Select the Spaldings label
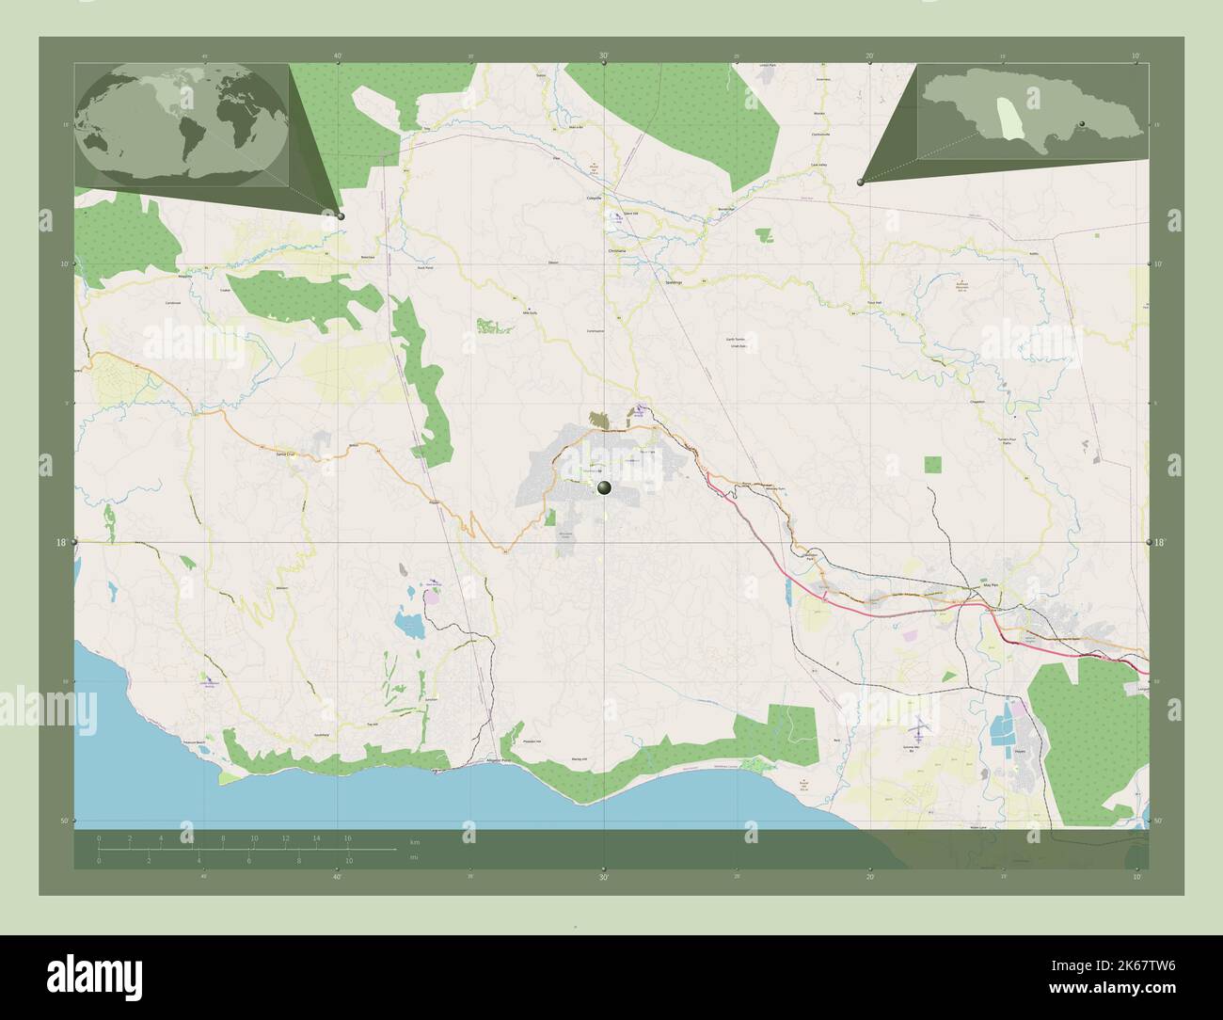click(x=673, y=281)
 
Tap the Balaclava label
click(x=368, y=257)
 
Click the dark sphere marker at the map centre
click(x=603, y=487)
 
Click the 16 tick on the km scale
click(x=347, y=837)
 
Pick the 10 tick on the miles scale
click(x=348, y=861)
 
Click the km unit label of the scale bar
click(x=415, y=840)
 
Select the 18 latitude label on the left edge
click(x=62, y=543)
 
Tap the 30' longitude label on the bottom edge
click(x=603, y=877)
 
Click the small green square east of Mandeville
click(x=932, y=464)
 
